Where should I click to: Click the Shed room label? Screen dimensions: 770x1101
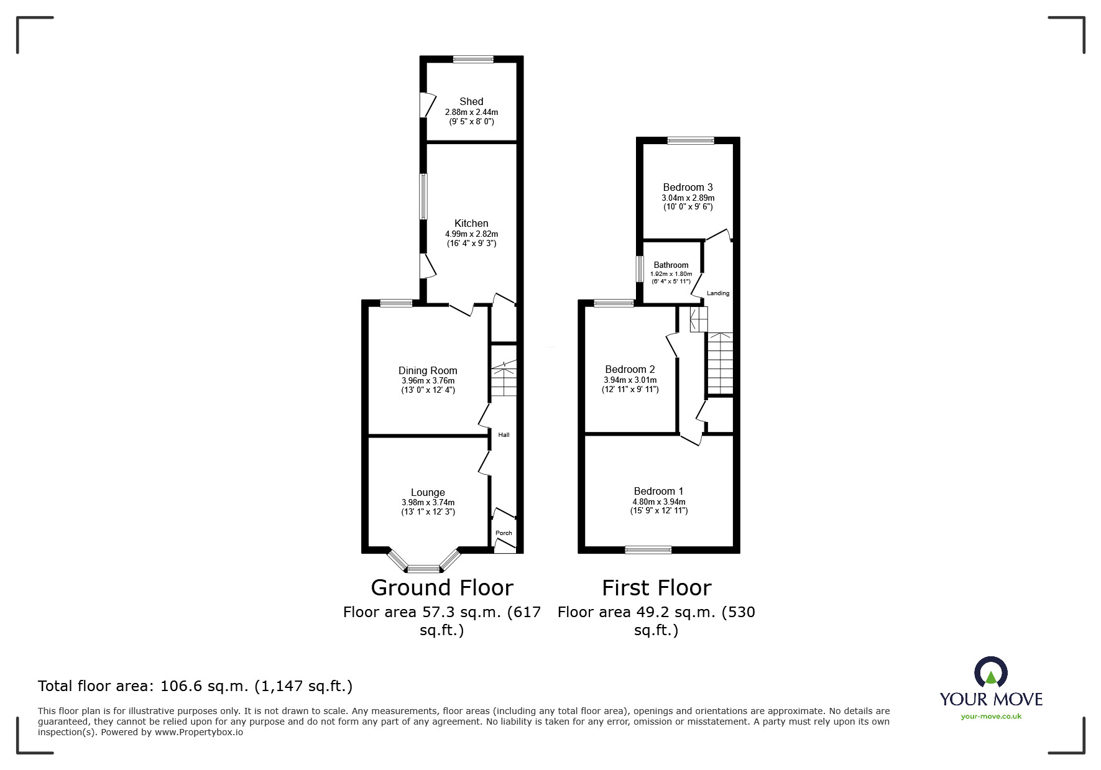pos(471,101)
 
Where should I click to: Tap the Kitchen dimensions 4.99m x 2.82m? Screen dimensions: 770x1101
pos(471,234)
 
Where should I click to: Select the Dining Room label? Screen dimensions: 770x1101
pos(428,370)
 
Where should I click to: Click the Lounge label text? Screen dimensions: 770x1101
pos(428,492)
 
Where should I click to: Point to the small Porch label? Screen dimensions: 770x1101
pos(504,533)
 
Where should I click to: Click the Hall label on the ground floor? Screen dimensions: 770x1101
pos(504,435)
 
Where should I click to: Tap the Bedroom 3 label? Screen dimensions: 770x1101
pos(687,187)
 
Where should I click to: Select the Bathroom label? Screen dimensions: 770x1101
pos(671,265)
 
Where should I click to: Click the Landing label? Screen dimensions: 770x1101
pos(718,293)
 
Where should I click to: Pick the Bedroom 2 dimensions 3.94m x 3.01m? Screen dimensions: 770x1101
pos(630,380)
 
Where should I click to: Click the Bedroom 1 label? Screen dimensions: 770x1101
pos(658,491)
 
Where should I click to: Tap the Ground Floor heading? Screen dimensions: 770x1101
pos(441,587)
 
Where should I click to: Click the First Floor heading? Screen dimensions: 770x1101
pos(656,587)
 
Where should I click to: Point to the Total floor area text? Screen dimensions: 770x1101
pos(195,686)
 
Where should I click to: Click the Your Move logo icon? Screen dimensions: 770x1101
pos(990,673)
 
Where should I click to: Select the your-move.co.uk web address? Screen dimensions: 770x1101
pos(991,717)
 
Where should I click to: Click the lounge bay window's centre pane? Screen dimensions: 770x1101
pos(423,568)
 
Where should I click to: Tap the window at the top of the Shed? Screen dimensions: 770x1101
pos(473,60)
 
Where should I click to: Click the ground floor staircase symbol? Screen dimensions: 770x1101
pos(504,379)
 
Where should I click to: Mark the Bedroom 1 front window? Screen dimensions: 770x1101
pos(648,549)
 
